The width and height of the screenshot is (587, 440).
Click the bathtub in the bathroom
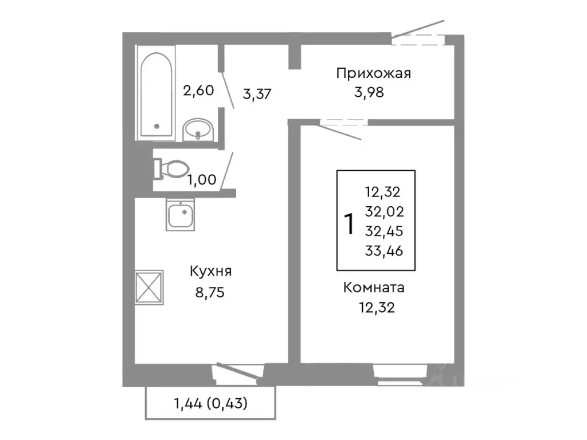coord(156,95)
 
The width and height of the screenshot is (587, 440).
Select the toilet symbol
coord(171,168)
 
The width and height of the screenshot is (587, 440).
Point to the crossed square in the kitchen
coord(149,286)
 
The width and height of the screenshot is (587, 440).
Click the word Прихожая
coord(373,73)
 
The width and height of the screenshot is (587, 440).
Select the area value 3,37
coord(257,95)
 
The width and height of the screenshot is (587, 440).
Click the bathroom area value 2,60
coord(198,90)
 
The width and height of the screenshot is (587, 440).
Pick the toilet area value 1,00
coord(202,180)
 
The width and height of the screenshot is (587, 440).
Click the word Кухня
coord(212,272)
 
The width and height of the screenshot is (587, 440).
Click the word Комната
coord(374,288)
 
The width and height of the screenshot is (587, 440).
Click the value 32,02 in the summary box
coord(383,211)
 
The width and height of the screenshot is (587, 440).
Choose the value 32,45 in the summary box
coord(383,230)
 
